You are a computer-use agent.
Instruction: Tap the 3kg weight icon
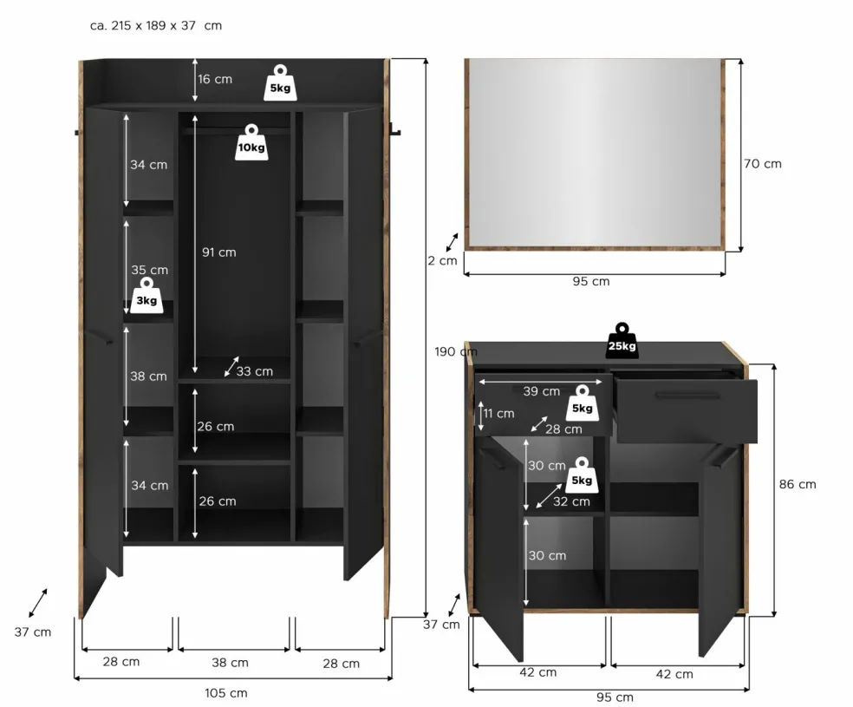pos(147,296)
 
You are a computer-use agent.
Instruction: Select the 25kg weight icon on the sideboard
pos(622,341)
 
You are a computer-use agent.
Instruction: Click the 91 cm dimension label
pos(219,252)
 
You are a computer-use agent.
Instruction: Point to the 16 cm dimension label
pos(215,79)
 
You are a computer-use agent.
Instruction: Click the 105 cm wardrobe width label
pos(225,693)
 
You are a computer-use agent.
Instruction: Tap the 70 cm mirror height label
pos(763,164)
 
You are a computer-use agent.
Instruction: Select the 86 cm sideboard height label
pos(798,484)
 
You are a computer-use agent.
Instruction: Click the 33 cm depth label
pos(255,371)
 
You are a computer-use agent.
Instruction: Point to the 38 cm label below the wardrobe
pos(230,663)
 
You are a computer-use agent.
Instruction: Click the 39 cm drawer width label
pos(541,390)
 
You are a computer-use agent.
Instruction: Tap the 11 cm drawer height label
pos(498,414)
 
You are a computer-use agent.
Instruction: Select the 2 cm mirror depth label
pos(442,261)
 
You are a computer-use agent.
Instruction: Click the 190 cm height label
pos(456,351)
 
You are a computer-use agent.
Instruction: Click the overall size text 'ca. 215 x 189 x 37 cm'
pos(155,25)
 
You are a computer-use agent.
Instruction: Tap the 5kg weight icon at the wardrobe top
pos(280,83)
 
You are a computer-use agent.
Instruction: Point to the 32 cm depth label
pos(571,501)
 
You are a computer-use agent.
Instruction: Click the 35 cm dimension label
pos(150,270)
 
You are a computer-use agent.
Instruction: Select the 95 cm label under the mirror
pos(591,281)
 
